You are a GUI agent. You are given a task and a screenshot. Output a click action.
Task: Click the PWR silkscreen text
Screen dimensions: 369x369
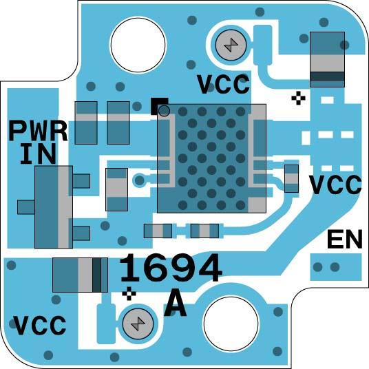pyautogui.click(x=38, y=131)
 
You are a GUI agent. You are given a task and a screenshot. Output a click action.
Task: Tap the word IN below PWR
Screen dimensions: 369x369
pyautogui.click(x=38, y=154)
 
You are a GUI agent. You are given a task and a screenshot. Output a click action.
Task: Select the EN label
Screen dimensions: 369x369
pyautogui.click(x=345, y=240)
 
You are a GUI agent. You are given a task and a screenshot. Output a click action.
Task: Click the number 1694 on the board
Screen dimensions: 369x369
pyautogui.click(x=171, y=268)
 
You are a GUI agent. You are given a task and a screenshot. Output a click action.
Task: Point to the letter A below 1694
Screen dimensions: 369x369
pyautogui.click(x=175, y=303)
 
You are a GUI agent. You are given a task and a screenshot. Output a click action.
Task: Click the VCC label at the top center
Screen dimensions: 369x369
pyautogui.click(x=224, y=84)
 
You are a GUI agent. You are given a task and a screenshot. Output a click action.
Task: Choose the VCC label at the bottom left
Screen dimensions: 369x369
pyautogui.click(x=39, y=325)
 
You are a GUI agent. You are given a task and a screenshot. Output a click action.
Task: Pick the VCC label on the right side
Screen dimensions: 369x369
pyautogui.click(x=335, y=184)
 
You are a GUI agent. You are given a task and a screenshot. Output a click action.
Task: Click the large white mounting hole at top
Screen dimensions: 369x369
pyautogui.click(x=138, y=45)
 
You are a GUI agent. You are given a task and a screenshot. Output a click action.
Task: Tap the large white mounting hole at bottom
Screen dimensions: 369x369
pyautogui.click(x=231, y=324)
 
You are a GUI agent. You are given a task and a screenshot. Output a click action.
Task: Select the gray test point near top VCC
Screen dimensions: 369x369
pyautogui.click(x=231, y=45)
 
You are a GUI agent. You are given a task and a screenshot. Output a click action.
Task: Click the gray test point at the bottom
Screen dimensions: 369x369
pyautogui.click(x=138, y=324)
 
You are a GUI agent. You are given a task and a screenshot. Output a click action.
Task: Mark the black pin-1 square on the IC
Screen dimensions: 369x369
pyautogui.click(x=160, y=107)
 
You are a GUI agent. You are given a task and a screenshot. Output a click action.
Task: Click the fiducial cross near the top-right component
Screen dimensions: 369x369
pyautogui.click(x=298, y=98)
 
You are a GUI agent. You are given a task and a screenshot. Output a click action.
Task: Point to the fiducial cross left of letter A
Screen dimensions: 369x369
pyautogui.click(x=129, y=293)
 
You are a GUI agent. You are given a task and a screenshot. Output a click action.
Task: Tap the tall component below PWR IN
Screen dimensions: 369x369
pyautogui.click(x=54, y=207)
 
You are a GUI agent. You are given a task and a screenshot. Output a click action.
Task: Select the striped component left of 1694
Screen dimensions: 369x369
pyautogui.click(x=80, y=275)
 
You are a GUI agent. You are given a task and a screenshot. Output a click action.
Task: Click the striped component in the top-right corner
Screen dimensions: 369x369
pyautogui.click(x=327, y=59)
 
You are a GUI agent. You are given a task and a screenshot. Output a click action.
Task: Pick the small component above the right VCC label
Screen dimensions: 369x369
pyautogui.click(x=292, y=178)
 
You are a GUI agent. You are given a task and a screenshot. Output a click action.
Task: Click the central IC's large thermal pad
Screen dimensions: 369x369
pyautogui.click(x=211, y=158)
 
